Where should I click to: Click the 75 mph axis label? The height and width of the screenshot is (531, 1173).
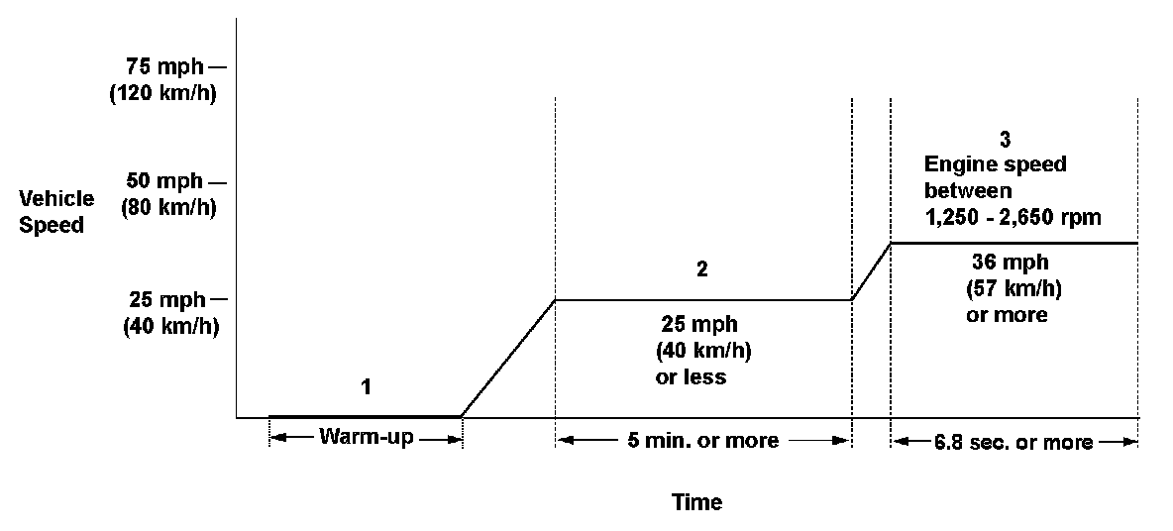[164, 67]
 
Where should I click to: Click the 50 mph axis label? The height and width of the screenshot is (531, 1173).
[164, 182]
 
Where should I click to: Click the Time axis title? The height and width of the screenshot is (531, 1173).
[697, 502]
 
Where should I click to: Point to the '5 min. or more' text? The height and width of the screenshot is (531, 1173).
[702, 441]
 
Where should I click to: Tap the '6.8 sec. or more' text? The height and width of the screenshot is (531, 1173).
[1013, 442]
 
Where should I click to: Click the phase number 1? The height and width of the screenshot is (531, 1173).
[366, 387]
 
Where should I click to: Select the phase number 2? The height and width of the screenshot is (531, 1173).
[702, 269]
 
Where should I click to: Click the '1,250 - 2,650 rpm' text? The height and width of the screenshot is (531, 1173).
[1012, 217]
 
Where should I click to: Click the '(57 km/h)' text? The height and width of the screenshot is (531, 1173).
[1009, 290]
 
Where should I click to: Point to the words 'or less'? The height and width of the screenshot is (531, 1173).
[691, 377]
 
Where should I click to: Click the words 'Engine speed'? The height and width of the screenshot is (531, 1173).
[995, 164]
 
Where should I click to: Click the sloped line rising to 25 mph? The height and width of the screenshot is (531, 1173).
[508, 358]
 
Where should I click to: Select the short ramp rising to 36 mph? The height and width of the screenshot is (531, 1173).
[872, 271]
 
